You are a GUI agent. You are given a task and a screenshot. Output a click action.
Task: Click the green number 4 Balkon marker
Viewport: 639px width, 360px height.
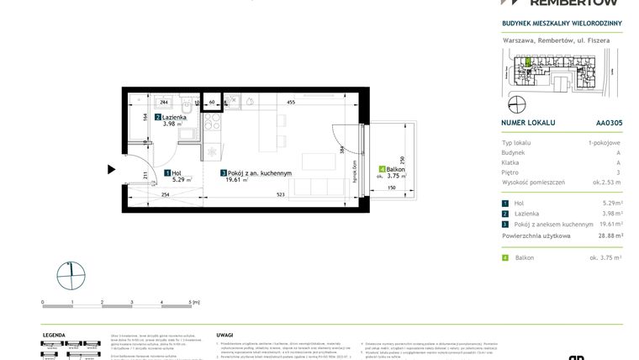tap(382, 169)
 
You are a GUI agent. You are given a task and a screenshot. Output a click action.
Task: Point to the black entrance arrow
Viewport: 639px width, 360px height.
tap(111, 169)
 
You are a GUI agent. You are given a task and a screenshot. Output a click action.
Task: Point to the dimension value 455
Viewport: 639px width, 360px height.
tap(289, 102)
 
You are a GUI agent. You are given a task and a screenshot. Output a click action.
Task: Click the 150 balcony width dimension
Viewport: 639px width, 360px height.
tap(392, 188)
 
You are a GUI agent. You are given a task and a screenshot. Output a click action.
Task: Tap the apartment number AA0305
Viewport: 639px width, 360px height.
tap(608, 122)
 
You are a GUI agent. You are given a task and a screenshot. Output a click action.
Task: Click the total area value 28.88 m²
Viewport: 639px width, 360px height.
tap(607, 236)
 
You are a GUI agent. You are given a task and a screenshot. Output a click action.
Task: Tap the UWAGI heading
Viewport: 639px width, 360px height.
tap(224, 334)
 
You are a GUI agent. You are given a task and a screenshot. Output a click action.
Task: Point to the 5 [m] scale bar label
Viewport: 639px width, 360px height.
tap(193, 301)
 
